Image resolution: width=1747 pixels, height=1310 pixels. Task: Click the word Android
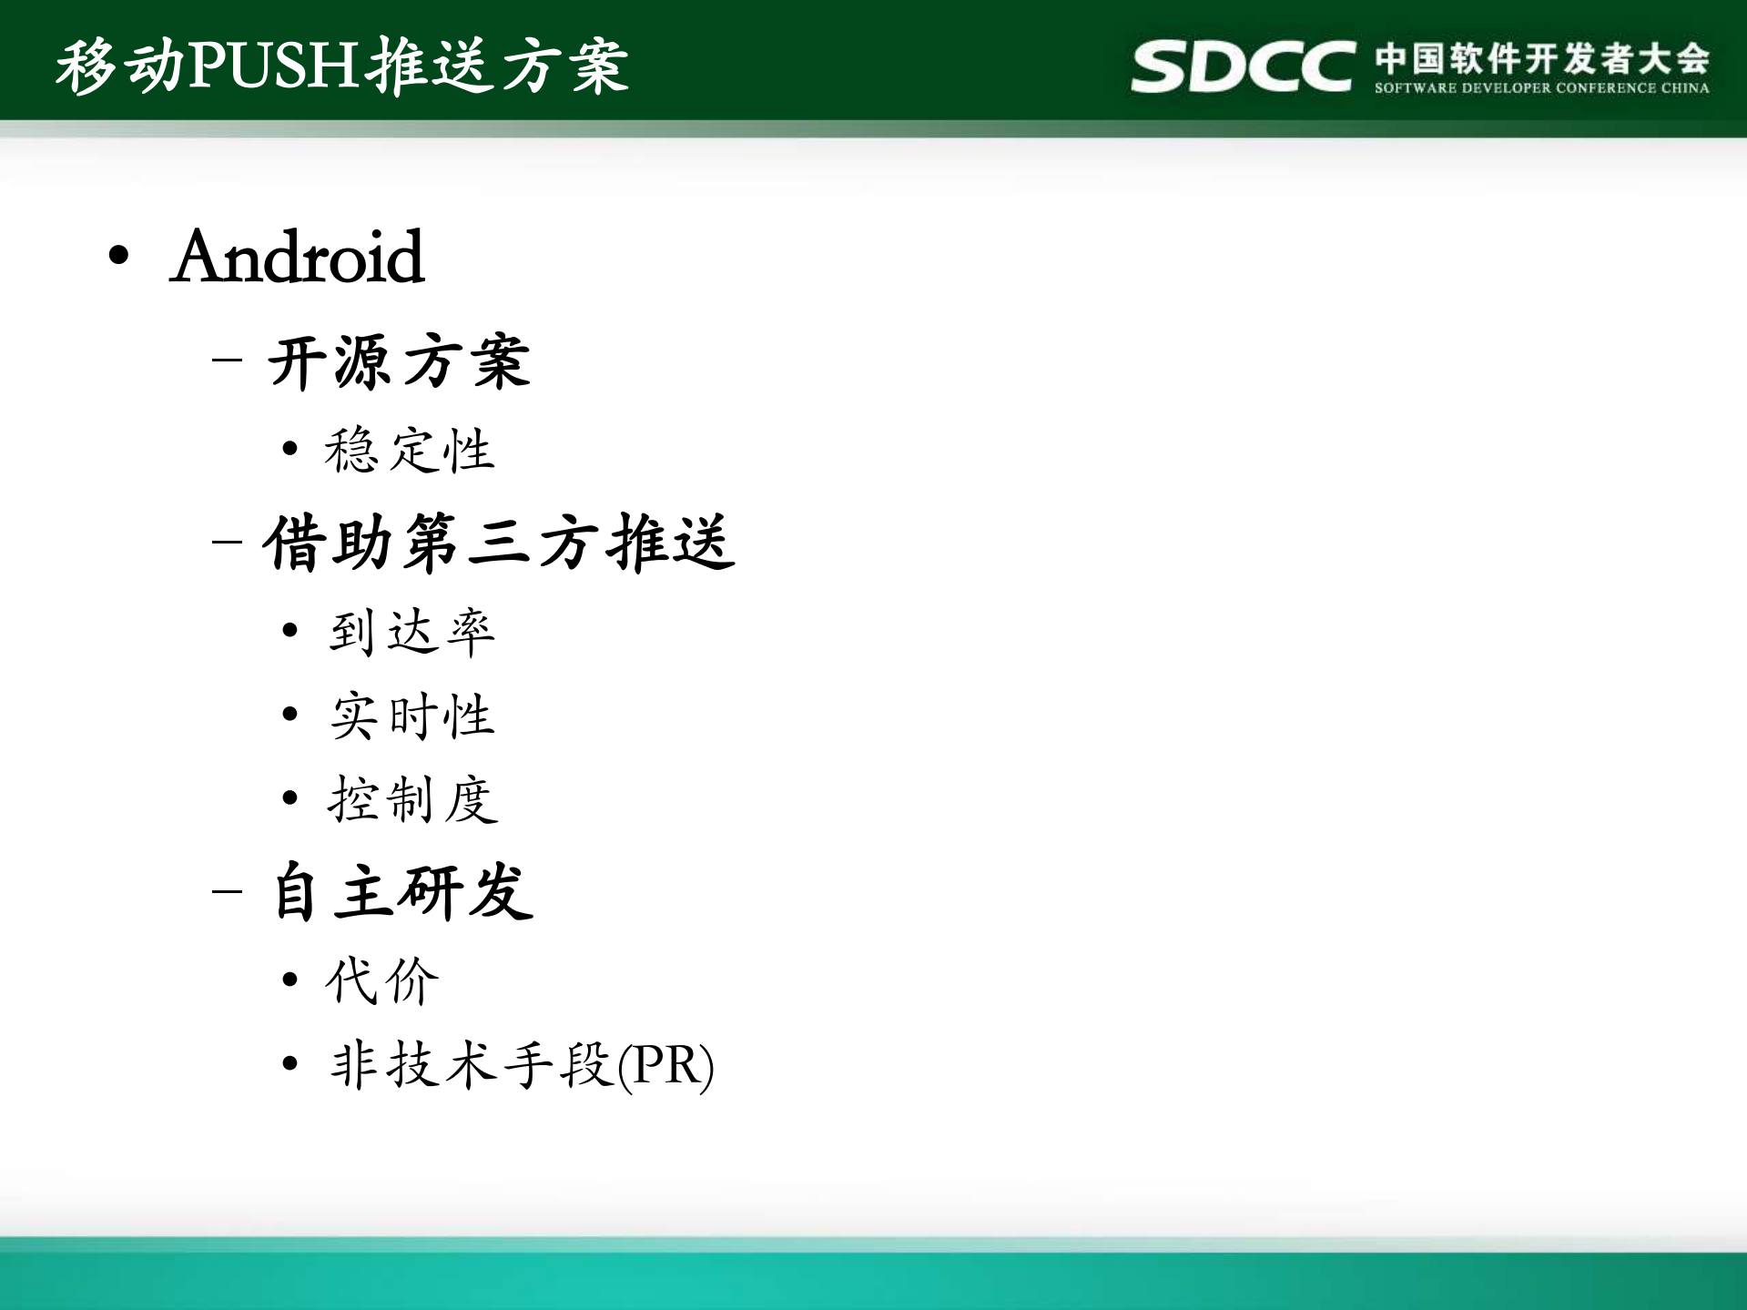298,258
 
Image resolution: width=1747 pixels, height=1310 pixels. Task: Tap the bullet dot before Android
118,256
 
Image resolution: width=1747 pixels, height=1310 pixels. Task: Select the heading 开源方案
399,361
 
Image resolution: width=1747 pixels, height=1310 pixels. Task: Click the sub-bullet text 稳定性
410,450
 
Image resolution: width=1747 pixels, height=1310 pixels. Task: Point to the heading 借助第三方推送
499,543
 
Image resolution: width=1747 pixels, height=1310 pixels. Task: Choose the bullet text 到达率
411,631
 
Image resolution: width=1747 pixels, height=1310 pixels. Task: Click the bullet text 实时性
411,716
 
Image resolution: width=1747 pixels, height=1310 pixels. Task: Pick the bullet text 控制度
411,799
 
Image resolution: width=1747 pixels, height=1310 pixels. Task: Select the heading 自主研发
402,891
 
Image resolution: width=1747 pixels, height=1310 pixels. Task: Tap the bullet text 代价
382,980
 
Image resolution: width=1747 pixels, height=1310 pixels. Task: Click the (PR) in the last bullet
665,1065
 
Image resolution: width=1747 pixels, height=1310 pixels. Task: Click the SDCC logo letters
1243,66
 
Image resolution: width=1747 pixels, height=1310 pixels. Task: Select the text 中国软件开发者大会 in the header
1541,58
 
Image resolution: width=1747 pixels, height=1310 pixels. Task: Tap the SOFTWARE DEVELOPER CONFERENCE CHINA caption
1541,88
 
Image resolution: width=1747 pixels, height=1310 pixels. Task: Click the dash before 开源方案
227,360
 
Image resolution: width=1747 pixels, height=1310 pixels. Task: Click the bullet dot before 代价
289,980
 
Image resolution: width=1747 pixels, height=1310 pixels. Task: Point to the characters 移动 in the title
120,66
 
